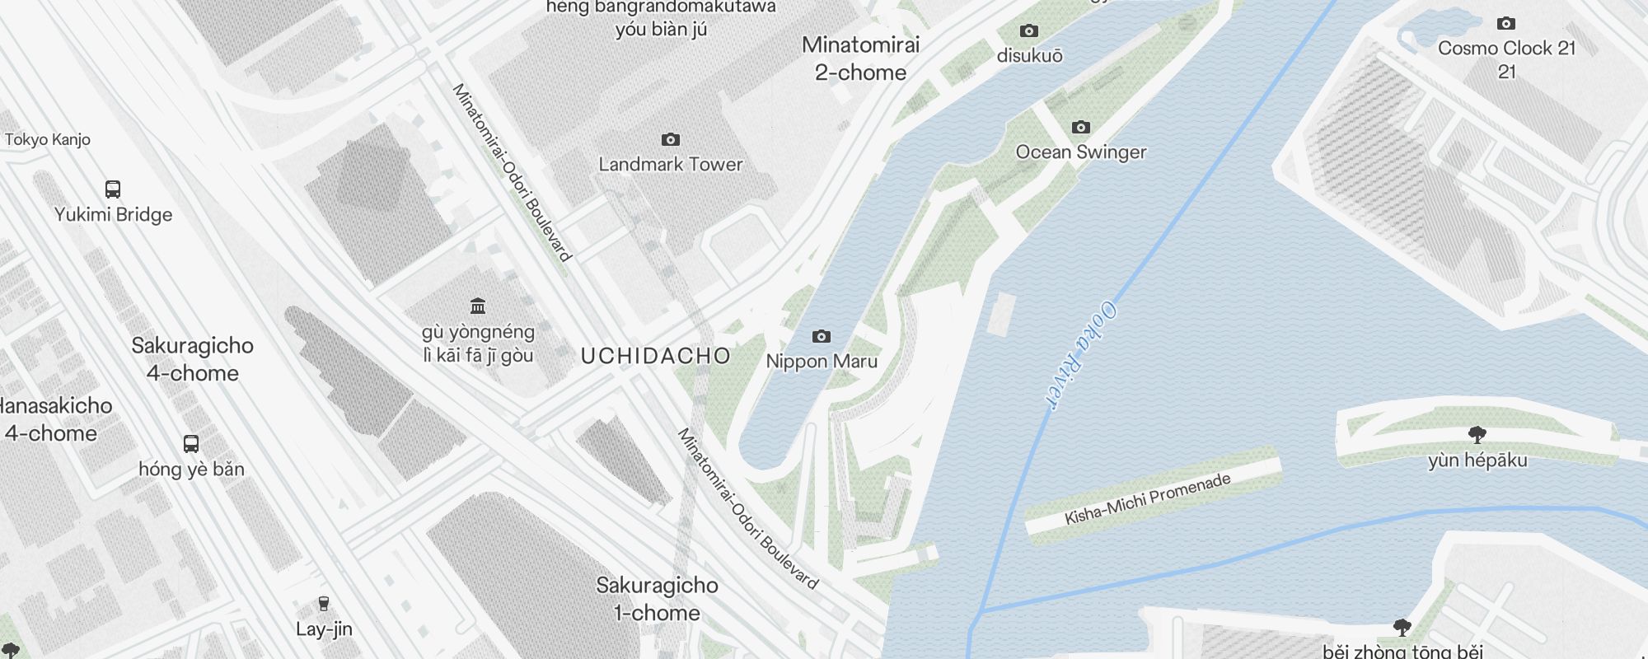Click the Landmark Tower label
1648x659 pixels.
point(671,165)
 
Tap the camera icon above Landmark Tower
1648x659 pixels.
point(671,139)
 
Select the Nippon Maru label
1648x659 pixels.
point(822,362)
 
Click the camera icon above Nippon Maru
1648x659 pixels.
point(822,336)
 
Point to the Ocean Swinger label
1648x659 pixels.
point(1081,152)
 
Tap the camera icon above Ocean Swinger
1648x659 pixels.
point(1081,127)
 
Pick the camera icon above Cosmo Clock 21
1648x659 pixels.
point(1506,23)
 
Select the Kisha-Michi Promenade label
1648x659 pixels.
point(1148,499)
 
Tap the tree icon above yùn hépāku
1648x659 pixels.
point(1477,434)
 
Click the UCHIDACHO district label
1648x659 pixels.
point(656,357)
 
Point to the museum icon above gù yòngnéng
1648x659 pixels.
point(478,306)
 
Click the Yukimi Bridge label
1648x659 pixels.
point(114,215)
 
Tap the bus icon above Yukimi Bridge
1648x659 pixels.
point(113,189)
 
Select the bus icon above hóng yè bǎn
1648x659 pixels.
point(191,444)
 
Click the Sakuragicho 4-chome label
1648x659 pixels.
point(193,359)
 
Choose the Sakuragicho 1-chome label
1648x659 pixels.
point(657,599)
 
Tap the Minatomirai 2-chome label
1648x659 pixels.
point(861,58)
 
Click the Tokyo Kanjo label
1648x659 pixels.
point(48,140)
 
